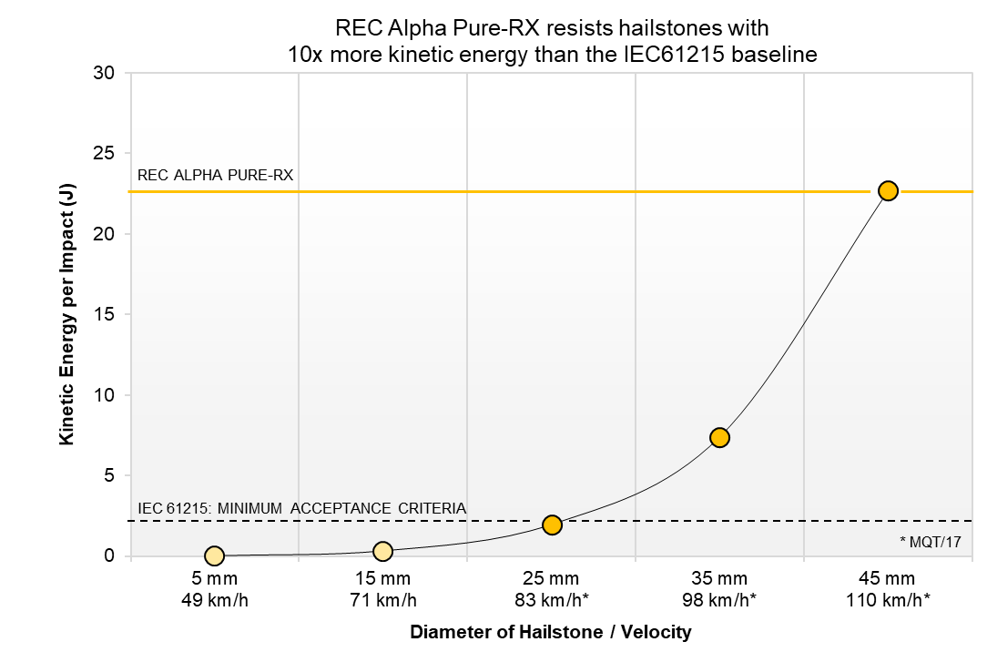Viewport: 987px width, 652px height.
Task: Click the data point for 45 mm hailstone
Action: point(888,190)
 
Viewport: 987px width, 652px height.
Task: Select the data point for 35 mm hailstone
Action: point(719,437)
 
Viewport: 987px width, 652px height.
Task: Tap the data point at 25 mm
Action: point(552,525)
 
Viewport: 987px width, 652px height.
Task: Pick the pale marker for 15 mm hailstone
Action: point(382,551)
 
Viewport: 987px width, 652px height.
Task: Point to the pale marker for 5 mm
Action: point(214,555)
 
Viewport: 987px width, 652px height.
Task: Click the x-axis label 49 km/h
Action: point(214,598)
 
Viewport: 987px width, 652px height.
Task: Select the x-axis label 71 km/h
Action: point(382,598)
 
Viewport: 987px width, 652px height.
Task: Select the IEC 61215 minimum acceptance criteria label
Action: point(301,507)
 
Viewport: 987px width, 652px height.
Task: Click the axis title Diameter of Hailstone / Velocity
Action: point(551,632)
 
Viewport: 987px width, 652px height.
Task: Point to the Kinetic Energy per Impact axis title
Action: point(66,314)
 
